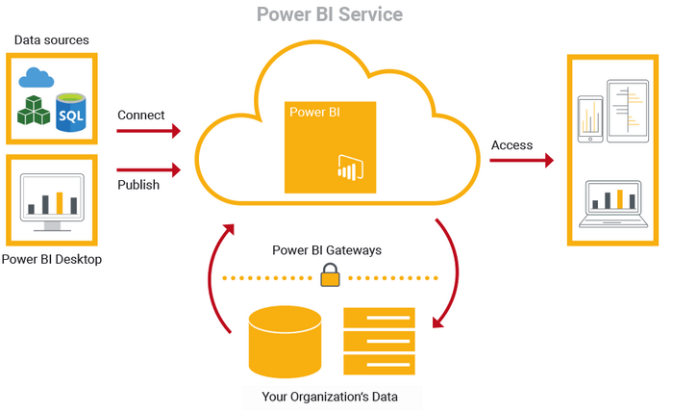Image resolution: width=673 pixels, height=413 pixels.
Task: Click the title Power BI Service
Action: [330, 14]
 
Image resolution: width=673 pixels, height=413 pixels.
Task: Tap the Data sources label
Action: [52, 40]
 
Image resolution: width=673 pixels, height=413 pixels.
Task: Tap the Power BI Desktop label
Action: [52, 259]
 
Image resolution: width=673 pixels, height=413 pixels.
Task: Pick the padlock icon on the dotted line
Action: [330, 278]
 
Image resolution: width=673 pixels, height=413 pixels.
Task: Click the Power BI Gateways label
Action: [327, 250]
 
